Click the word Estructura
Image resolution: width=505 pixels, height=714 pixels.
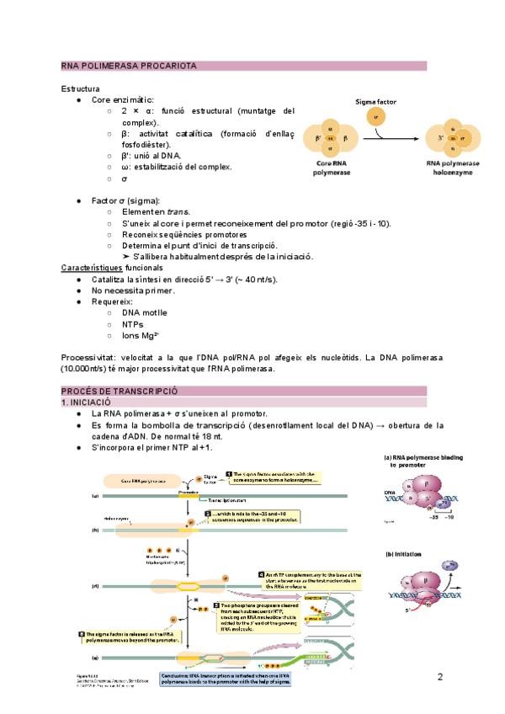[x=81, y=88]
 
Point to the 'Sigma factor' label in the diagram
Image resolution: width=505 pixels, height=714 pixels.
[x=375, y=102]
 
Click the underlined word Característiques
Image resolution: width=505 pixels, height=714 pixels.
[x=93, y=269]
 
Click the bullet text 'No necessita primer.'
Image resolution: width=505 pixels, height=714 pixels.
[x=133, y=290]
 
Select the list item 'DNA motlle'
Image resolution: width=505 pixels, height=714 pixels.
[x=144, y=312]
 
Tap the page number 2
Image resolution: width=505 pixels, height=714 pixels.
[x=439, y=677]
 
